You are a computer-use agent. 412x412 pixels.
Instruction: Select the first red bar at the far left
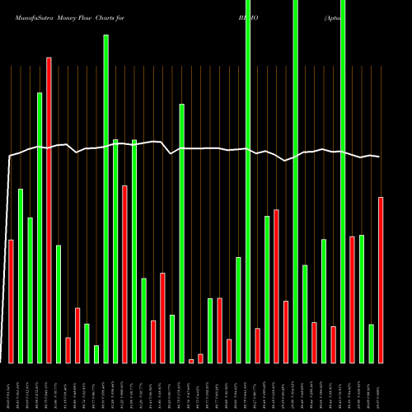click(x=11, y=301)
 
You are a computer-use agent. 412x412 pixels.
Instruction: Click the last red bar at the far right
click(x=381, y=280)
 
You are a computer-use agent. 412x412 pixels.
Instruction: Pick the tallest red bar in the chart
click(x=49, y=210)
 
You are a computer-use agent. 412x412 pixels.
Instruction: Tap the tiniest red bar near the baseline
click(x=191, y=361)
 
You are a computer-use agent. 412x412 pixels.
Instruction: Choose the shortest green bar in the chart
click(x=96, y=354)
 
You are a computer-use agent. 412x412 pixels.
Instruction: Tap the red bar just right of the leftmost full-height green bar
click(x=257, y=345)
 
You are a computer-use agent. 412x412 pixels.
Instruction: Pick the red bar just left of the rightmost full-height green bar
click(x=333, y=344)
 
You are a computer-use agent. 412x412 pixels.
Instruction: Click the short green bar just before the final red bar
click(x=372, y=344)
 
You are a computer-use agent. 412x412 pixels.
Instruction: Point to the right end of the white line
click(x=379, y=157)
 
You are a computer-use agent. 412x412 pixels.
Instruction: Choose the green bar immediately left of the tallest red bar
click(x=40, y=227)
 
